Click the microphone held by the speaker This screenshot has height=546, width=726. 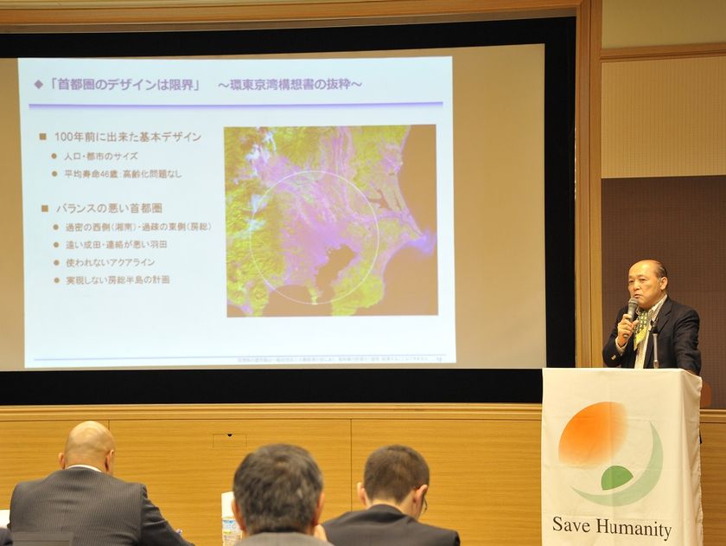point(632,308)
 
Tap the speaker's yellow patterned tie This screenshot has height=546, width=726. point(642,329)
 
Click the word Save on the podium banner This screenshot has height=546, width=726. point(572,525)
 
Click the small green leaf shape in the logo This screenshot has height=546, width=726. point(616,477)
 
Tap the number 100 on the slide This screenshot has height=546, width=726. point(65,137)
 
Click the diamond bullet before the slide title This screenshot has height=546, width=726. point(38,84)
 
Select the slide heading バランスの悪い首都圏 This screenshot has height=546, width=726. point(108,209)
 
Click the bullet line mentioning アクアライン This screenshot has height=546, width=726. point(109,262)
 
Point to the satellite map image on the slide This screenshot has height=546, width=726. point(330,220)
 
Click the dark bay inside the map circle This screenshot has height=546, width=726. point(333,265)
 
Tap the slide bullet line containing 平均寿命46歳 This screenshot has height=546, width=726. point(122,173)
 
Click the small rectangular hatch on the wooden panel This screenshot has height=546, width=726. point(229,440)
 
